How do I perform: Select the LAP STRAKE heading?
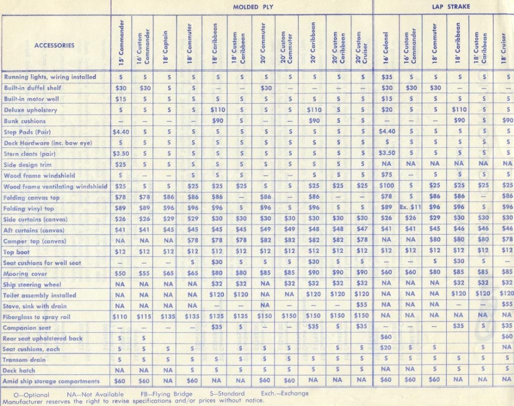click(x=447, y=7)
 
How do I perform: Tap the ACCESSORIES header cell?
click(x=54, y=45)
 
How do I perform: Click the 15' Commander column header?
click(x=121, y=44)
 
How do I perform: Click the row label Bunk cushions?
click(x=25, y=121)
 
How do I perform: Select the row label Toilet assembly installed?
click(x=40, y=295)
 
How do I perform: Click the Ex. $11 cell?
click(x=410, y=208)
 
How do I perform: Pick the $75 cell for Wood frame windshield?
click(x=386, y=175)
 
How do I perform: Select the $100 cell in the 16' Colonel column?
click(x=386, y=186)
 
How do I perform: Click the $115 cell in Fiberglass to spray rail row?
click(x=145, y=317)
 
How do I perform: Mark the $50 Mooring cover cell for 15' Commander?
click(x=120, y=274)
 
